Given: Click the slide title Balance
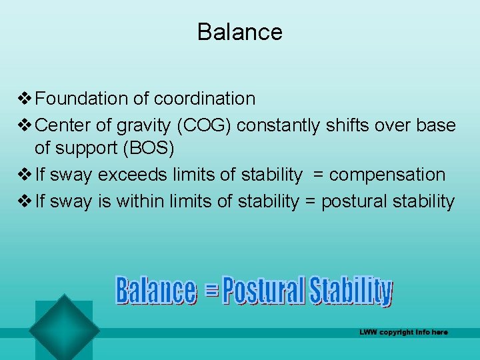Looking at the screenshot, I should pyautogui.click(x=239, y=32).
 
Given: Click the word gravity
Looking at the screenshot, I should pyautogui.click(x=139, y=125).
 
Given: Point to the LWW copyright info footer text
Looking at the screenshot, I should pyautogui.click(x=403, y=332).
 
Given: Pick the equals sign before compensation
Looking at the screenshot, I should pyautogui.click(x=318, y=175).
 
